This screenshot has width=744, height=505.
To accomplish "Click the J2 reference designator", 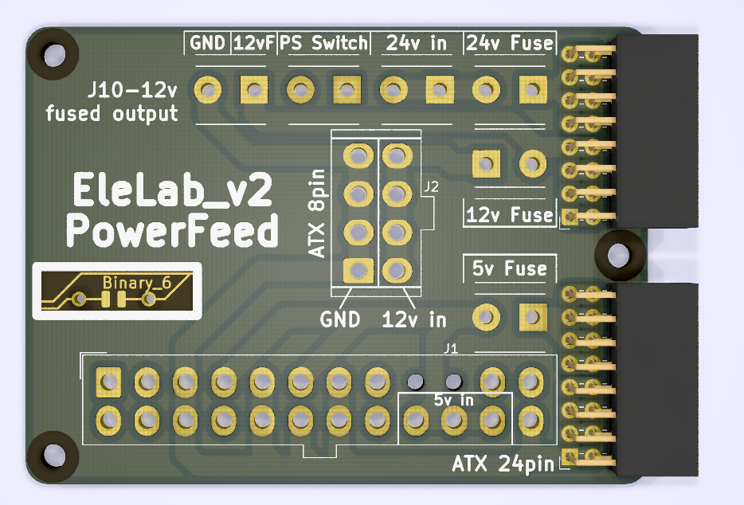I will (x=431, y=187).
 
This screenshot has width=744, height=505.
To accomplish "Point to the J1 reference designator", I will (x=451, y=348).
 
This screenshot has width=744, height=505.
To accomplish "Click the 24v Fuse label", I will (x=510, y=42).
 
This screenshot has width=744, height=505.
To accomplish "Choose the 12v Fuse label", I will (x=510, y=214).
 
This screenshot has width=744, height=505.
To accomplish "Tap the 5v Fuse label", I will (x=510, y=268).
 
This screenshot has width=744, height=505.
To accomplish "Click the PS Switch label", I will (x=323, y=42).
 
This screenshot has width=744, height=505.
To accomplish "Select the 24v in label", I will (x=416, y=42).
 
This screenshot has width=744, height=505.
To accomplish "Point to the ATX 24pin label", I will (x=502, y=463).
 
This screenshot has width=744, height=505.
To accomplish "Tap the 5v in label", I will (x=453, y=400).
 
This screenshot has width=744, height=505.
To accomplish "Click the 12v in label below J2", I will (x=414, y=320).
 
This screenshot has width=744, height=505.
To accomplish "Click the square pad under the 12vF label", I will (x=254, y=88).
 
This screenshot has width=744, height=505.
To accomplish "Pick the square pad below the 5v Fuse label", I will (x=531, y=316).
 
